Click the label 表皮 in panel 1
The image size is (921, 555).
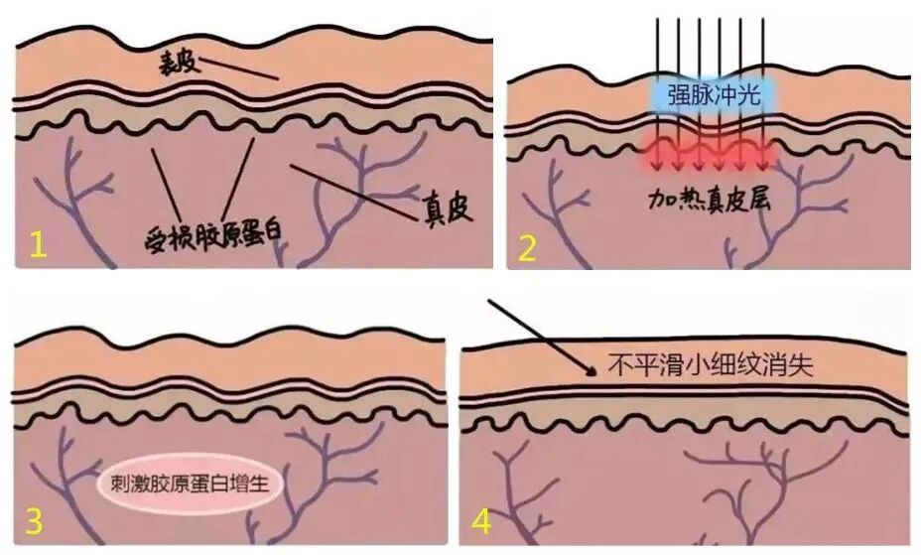180,66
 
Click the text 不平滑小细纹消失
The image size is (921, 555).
710,364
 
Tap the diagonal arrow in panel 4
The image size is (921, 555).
542,336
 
